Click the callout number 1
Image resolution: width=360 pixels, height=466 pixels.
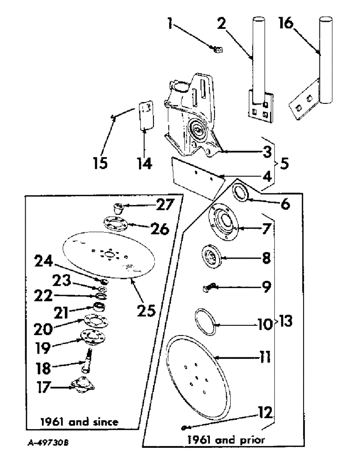(x=173, y=22)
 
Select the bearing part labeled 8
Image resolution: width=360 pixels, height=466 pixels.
(x=212, y=257)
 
